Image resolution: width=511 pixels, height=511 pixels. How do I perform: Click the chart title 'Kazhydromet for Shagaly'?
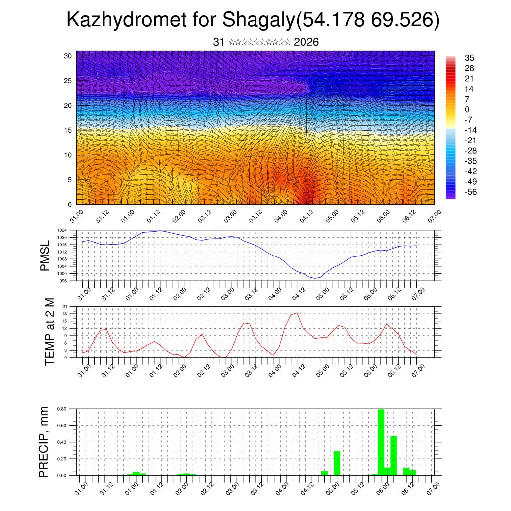click(x=180, y=21)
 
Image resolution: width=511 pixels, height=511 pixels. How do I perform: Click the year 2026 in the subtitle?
click(x=306, y=42)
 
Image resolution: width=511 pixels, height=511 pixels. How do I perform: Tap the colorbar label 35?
click(x=469, y=58)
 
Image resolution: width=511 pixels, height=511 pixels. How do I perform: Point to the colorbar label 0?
click(x=467, y=110)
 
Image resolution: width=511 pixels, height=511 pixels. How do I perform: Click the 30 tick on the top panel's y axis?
click(x=68, y=56)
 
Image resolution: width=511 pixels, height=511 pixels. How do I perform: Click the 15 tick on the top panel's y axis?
click(x=68, y=130)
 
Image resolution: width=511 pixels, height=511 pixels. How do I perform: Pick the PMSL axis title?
click(x=45, y=255)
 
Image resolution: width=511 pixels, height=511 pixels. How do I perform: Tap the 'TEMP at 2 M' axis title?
click(x=49, y=332)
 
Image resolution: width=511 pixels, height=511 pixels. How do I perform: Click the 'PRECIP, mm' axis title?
click(x=45, y=442)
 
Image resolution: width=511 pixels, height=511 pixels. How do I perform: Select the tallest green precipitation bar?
click(x=381, y=442)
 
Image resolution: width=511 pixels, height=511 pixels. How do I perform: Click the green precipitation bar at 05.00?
click(x=337, y=463)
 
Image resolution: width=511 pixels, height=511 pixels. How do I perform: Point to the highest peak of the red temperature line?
click(x=297, y=313)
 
